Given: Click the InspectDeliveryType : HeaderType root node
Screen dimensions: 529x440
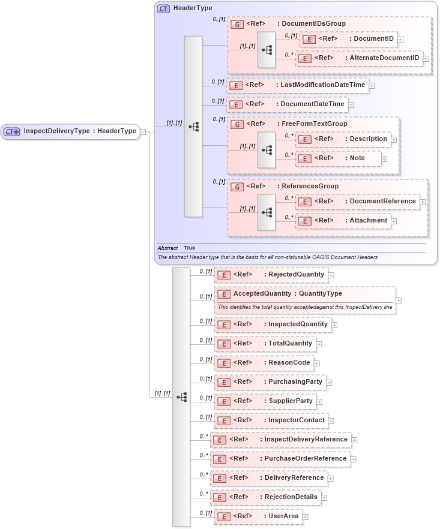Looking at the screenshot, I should [x=70, y=131].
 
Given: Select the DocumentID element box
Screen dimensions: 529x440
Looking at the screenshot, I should [x=348, y=39].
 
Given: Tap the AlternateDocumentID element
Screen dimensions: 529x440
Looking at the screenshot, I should [x=360, y=58].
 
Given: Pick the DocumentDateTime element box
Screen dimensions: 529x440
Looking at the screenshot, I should [x=287, y=104].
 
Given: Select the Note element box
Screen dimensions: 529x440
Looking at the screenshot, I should [x=340, y=158].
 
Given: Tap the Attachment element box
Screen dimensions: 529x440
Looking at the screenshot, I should [x=344, y=221].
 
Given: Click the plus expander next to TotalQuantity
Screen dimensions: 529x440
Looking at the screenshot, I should [x=319, y=344].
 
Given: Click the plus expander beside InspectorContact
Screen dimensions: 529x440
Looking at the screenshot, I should [x=331, y=421].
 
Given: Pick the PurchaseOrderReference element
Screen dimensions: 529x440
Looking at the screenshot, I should [x=280, y=459].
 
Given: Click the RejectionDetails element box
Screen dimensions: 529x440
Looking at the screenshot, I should [x=265, y=497].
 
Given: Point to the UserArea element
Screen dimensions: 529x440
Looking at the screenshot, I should [x=258, y=516].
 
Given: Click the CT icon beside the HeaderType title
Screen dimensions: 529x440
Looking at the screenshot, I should [x=163, y=8].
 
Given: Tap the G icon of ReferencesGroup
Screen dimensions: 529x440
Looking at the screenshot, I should [x=237, y=187].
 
